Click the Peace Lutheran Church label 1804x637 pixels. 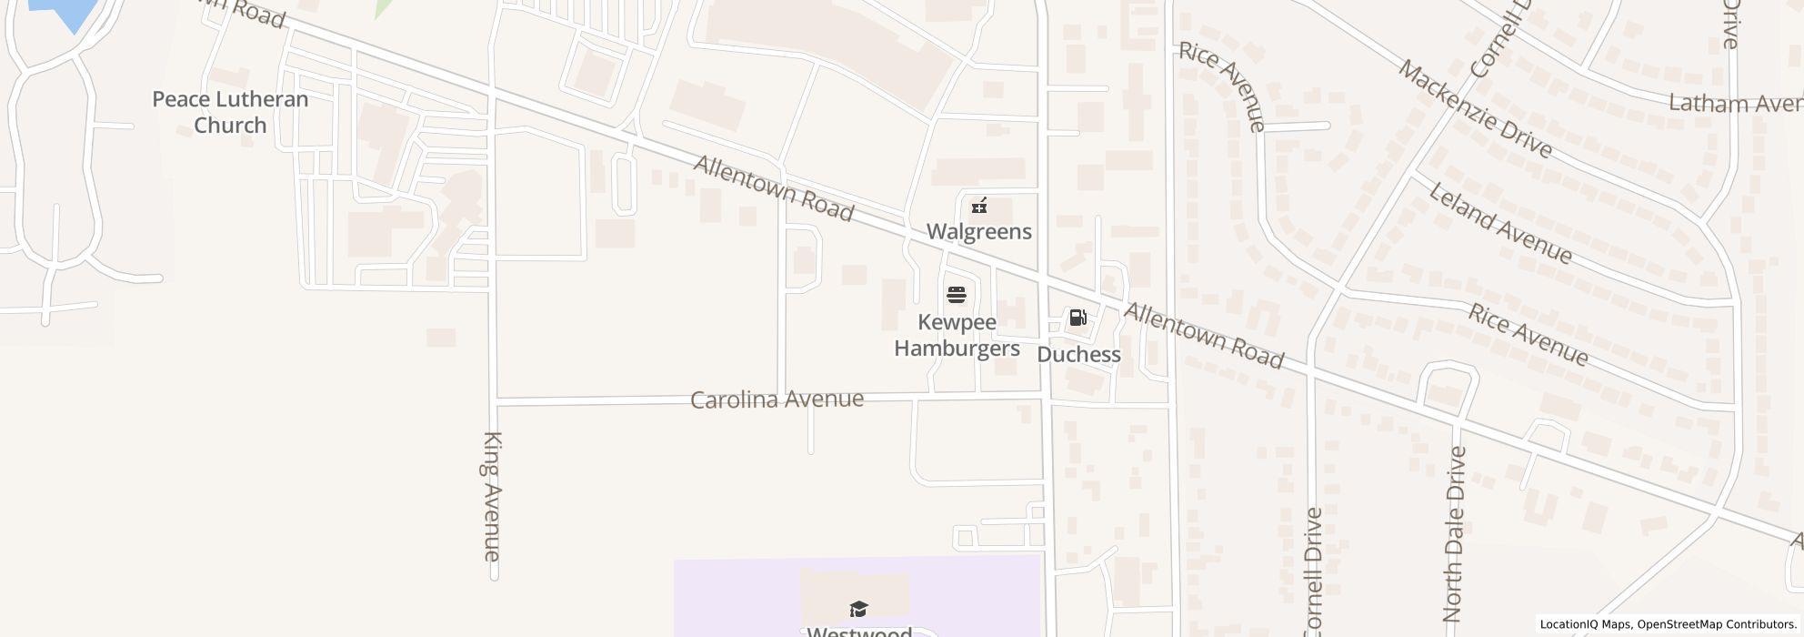230,112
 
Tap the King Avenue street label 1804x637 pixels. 492,496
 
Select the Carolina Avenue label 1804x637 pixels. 777,399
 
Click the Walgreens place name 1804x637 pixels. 978,231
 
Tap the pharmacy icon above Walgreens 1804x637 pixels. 979,206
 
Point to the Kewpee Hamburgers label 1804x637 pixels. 957,335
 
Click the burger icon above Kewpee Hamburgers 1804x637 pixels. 956,295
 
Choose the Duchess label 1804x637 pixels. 1078,354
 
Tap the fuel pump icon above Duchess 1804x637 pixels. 1077,318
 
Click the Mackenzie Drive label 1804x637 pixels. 1474,109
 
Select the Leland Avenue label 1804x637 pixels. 1499,224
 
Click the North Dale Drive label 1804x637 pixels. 1454,533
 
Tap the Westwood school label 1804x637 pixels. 858,631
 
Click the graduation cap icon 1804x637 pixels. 858,609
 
